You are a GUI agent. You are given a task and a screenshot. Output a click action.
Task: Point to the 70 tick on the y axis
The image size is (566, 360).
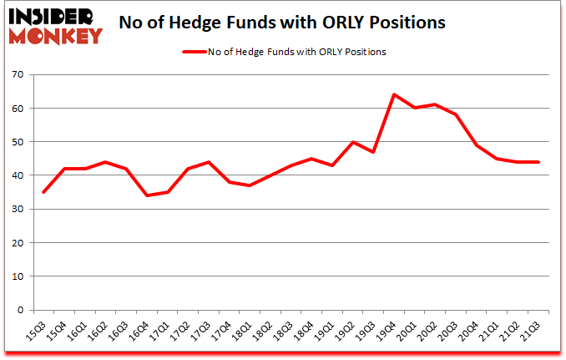point(18,75)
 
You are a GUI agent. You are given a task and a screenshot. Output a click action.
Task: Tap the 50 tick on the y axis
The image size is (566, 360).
point(18,142)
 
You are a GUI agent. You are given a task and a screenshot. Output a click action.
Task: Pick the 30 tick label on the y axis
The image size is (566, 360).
point(18,209)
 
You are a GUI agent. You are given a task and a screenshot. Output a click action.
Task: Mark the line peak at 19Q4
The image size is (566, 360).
point(394,94)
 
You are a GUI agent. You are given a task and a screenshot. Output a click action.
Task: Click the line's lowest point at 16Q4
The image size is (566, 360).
point(146,195)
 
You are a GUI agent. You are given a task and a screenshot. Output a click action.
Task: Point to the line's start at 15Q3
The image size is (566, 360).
point(43,192)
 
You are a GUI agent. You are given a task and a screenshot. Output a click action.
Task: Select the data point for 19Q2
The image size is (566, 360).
point(353,142)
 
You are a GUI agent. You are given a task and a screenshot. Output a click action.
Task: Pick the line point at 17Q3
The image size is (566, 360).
point(209,162)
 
